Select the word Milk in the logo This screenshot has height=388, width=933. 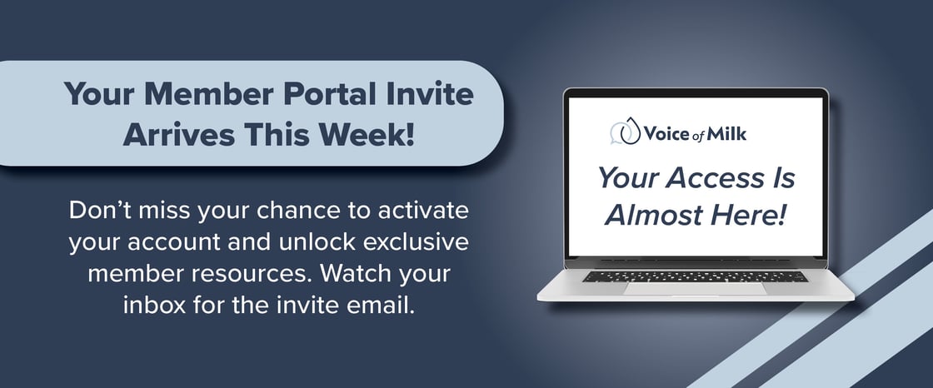[728, 133]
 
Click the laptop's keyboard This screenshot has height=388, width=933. [695, 276]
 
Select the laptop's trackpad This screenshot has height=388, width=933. [695, 289]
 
